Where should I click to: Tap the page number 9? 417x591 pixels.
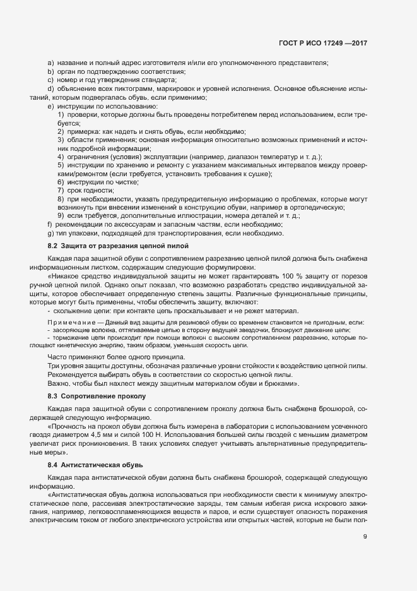pyautogui.click(x=365, y=538)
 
